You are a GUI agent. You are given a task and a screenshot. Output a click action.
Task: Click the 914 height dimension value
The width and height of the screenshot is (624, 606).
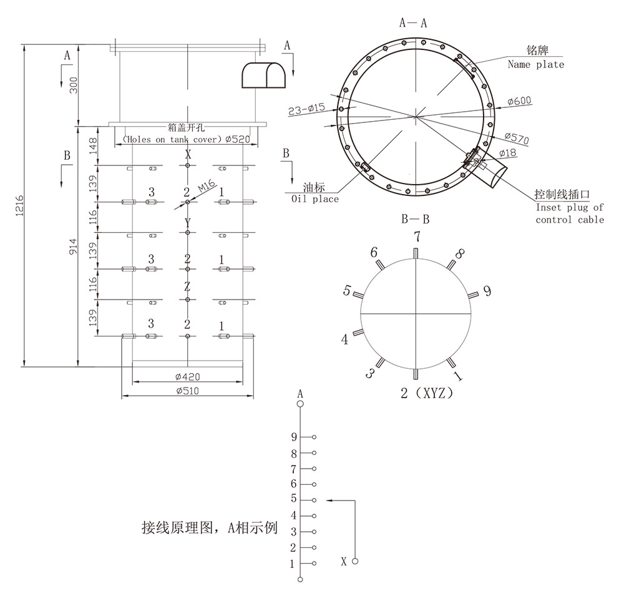(x=73, y=247)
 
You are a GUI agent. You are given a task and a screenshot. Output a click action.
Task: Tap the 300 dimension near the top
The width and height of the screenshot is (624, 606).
(x=74, y=85)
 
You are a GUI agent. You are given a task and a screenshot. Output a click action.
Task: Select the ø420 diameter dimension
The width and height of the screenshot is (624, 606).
(x=187, y=376)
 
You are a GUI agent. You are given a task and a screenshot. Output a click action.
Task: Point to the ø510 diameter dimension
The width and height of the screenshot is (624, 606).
(x=187, y=391)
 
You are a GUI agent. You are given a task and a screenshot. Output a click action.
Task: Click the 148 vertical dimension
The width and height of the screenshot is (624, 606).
(x=93, y=145)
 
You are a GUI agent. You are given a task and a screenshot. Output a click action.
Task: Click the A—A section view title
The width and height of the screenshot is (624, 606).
(x=413, y=23)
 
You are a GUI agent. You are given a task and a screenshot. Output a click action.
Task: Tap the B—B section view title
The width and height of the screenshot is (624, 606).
(x=415, y=219)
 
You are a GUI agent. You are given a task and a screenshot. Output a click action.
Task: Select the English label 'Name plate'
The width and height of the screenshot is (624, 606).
(x=535, y=64)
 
